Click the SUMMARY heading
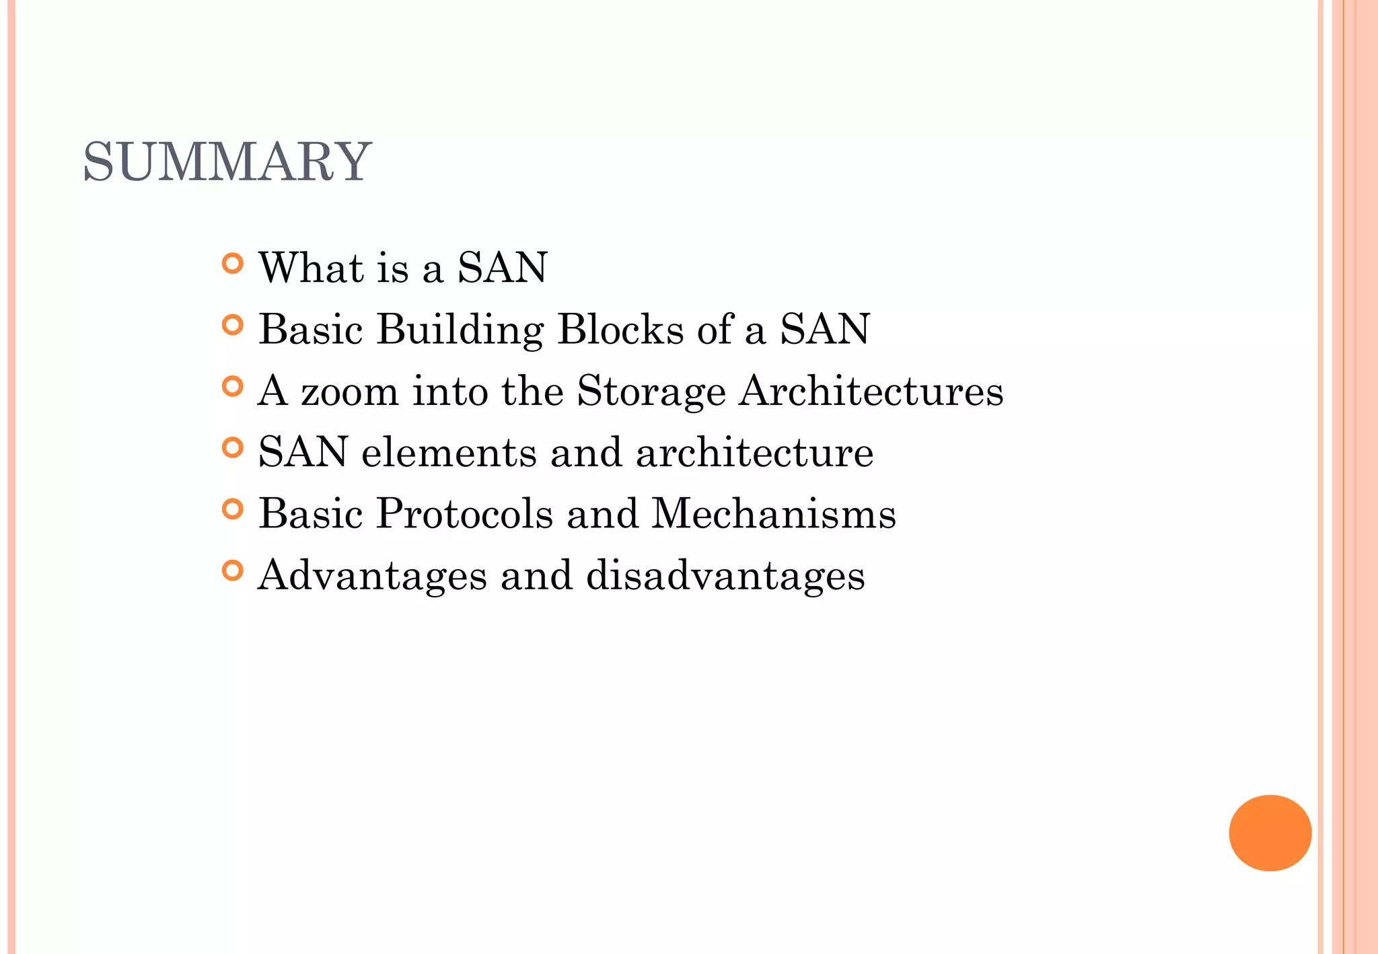(227, 162)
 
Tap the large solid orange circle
(1270, 833)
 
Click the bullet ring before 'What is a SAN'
(232, 263)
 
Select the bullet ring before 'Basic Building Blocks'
(232, 325)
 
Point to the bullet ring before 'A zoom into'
(232, 386)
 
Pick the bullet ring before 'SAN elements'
(232, 447)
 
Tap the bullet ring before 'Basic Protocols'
(232, 509)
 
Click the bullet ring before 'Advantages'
(232, 571)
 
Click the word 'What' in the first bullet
(311, 267)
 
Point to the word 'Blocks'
(620, 330)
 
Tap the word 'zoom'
(349, 392)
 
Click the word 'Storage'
(651, 392)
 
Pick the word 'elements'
(449, 452)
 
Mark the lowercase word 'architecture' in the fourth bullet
(754, 452)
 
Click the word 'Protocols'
(464, 514)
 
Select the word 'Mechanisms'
(774, 514)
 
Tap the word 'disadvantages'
(725, 576)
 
